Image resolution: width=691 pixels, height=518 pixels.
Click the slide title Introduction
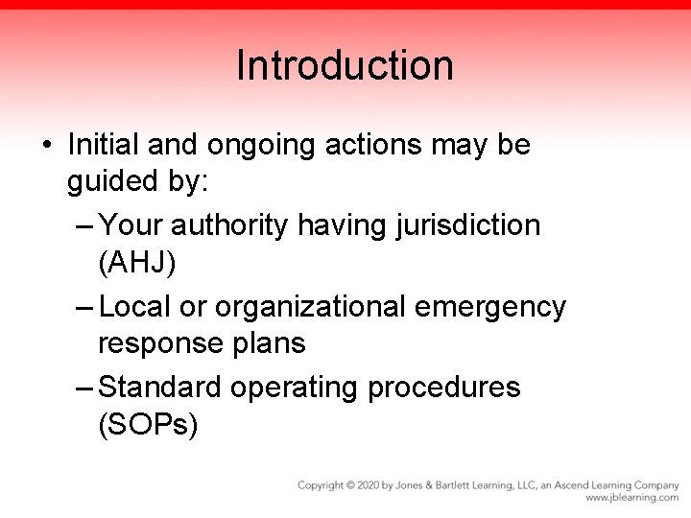tap(345, 66)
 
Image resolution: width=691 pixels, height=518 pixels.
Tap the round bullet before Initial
tap(47, 147)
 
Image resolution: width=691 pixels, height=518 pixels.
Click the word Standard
tap(163, 387)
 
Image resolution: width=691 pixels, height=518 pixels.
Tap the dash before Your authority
tap(84, 225)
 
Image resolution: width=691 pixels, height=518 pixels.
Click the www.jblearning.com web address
tap(631, 498)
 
